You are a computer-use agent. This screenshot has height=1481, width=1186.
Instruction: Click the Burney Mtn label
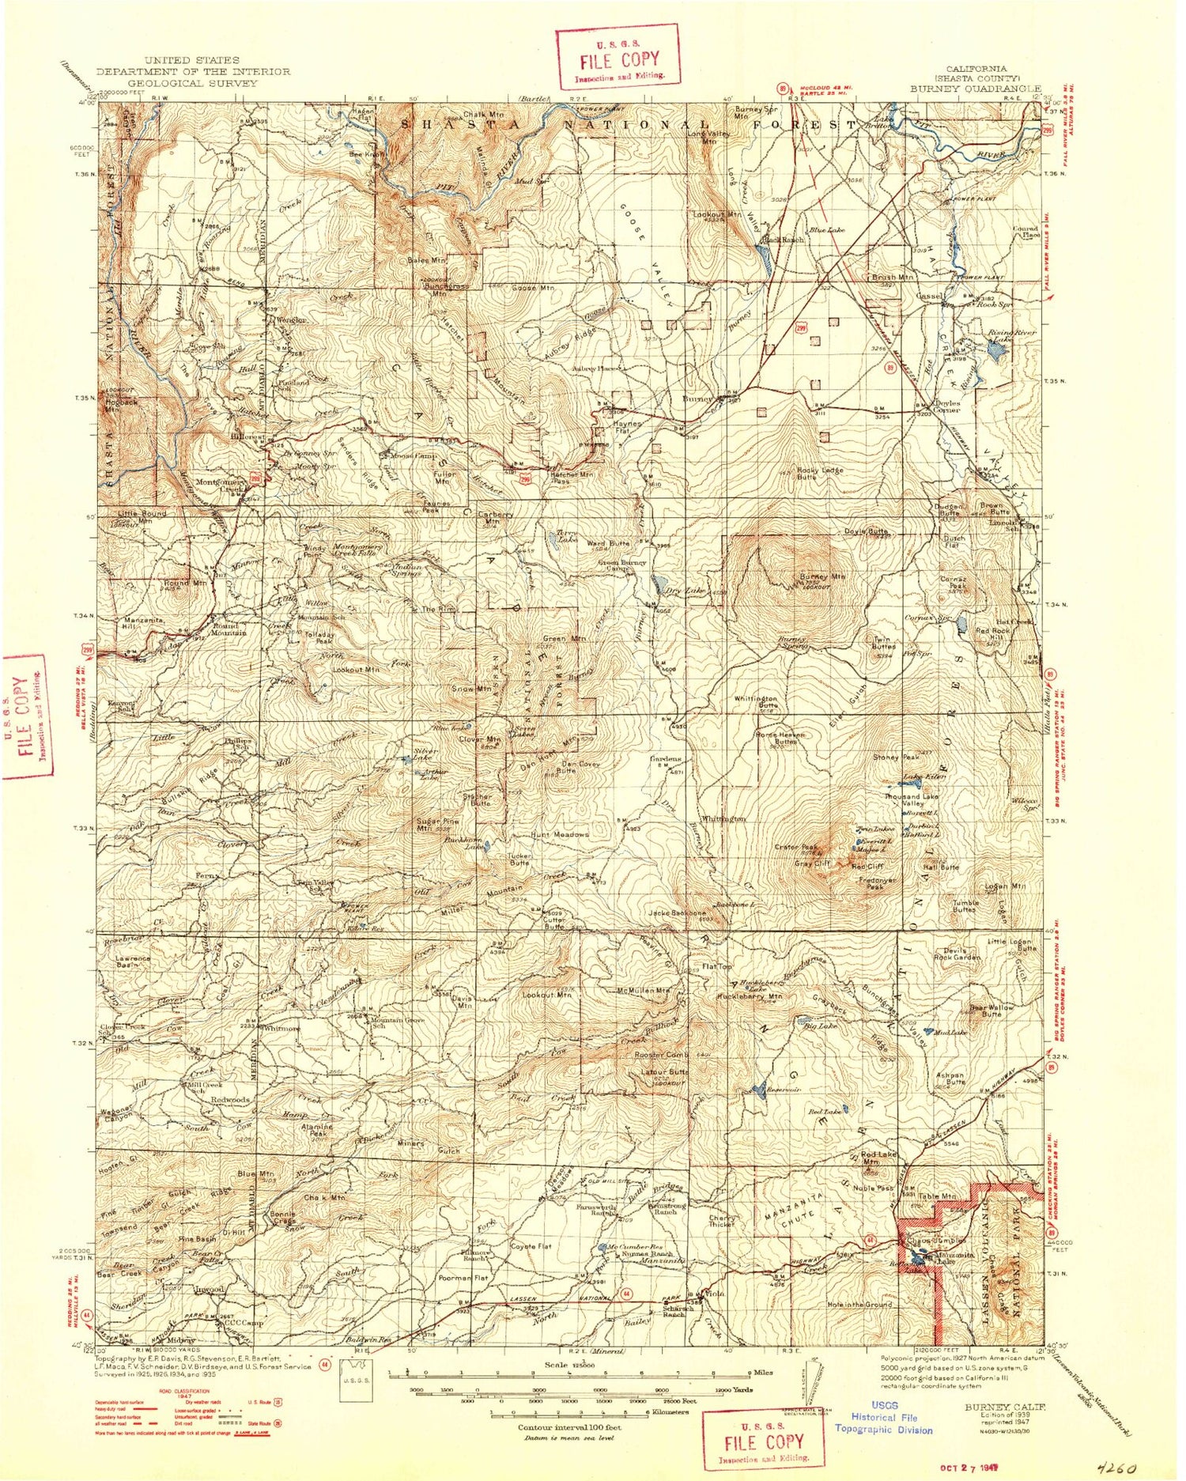coord(822,576)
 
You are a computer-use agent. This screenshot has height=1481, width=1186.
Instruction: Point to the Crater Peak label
coord(799,847)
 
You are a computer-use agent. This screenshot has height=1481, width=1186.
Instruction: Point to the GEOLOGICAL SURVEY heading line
coord(192,82)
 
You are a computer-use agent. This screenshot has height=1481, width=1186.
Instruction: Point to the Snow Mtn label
coord(471,689)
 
